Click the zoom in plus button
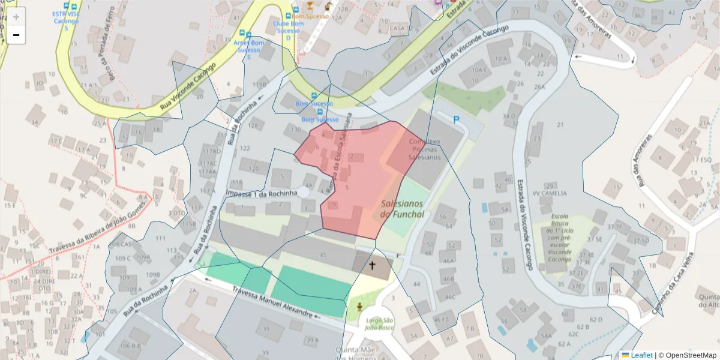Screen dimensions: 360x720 [16, 17]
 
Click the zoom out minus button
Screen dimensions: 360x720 [16, 35]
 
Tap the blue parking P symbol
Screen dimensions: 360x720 [456, 120]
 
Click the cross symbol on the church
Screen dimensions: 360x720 [372, 265]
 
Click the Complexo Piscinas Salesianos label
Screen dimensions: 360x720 [424, 149]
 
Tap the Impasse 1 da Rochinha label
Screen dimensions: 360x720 [262, 193]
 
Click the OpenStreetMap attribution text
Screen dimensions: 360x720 [687, 355]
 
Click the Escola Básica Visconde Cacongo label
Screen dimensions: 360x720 [559, 238]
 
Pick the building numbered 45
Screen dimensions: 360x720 [323, 255]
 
